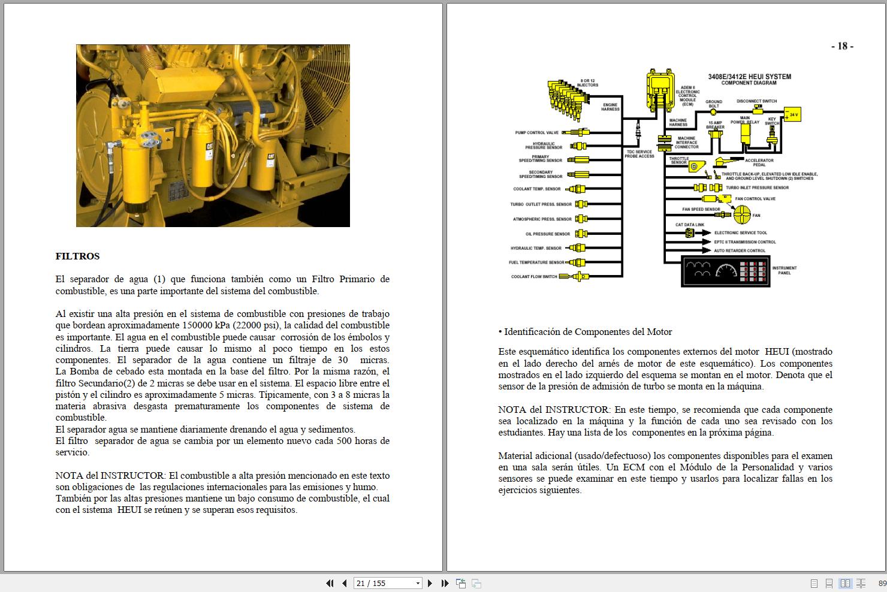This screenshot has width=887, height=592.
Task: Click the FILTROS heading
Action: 77,256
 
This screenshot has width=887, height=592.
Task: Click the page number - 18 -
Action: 842,46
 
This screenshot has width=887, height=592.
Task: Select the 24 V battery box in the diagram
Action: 792,114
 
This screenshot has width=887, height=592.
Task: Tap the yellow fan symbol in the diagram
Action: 742,213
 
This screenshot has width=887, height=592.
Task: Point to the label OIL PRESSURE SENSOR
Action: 547,234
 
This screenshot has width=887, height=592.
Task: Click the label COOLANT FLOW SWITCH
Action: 534,277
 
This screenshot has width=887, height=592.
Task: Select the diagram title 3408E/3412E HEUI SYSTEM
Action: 749,77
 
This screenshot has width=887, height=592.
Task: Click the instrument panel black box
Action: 725,271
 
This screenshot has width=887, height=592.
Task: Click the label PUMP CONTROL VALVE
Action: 536,132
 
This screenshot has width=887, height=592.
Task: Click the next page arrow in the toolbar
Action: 430,583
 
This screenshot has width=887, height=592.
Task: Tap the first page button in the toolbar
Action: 330,583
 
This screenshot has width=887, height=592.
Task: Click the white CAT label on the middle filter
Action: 210,147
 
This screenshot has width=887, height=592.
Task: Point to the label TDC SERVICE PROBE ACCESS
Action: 639,154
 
